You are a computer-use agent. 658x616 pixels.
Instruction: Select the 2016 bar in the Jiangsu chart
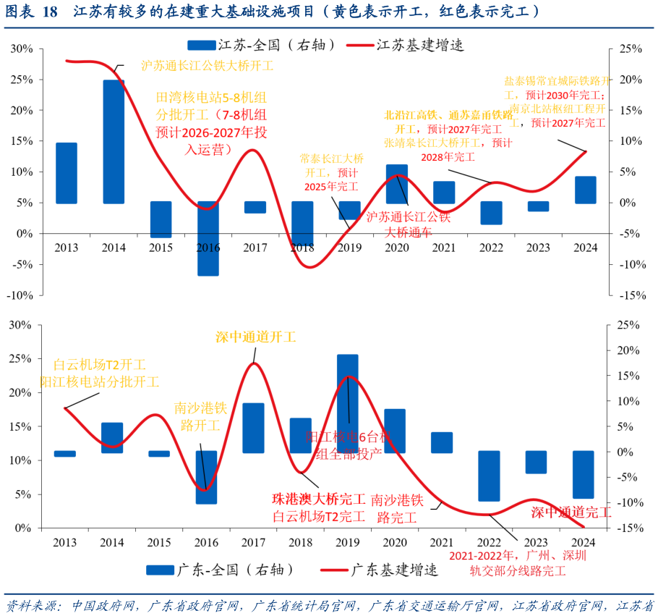coord(208,238)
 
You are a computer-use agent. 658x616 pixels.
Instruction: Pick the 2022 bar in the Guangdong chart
coord(490,476)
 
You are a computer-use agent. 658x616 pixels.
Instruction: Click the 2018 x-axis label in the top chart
coord(303,248)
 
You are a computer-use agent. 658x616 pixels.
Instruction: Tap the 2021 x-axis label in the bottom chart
coord(442,543)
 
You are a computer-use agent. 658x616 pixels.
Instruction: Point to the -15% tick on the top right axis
coord(627,295)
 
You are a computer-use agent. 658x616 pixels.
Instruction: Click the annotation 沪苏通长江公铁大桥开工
coord(207,65)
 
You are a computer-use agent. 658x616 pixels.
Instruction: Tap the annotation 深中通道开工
coord(256,337)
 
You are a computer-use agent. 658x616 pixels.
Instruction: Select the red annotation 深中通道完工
coord(571,512)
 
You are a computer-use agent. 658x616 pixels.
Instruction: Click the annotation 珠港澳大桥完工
coord(319,499)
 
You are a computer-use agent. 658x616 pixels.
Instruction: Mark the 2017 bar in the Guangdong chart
coord(253,428)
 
